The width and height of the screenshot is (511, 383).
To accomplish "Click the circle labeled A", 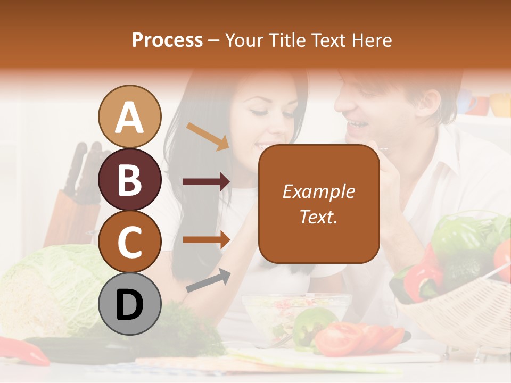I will [x=130, y=116].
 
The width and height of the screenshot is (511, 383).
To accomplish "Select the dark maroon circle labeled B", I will [x=130, y=179].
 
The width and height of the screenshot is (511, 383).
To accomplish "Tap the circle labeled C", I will [x=130, y=242].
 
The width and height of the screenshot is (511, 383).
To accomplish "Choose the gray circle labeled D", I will [x=130, y=305].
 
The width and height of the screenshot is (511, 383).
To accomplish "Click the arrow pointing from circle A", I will [x=208, y=136].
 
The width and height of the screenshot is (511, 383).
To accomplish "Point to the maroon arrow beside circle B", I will [x=206, y=182].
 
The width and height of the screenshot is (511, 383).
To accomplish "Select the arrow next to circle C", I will [x=206, y=239].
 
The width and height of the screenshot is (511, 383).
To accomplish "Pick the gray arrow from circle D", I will [x=208, y=280].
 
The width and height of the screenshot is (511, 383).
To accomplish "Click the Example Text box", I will [x=319, y=204].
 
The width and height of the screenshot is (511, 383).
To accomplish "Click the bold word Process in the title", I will [x=167, y=40].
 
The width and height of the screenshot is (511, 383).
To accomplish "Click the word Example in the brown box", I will [x=319, y=191].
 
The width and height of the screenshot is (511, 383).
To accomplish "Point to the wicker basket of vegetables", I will [x=458, y=314].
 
